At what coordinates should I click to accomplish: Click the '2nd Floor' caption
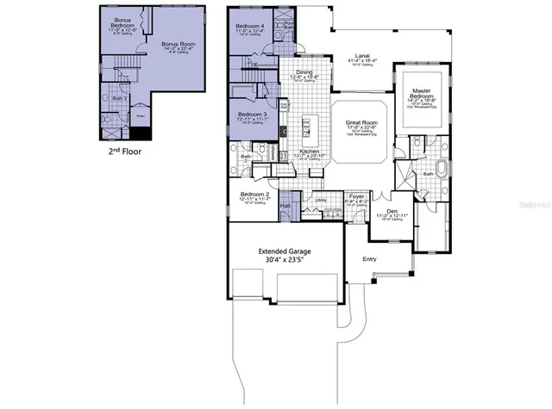coord(125,151)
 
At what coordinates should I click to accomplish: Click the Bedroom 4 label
coord(250,27)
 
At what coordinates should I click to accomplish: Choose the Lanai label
coord(363,58)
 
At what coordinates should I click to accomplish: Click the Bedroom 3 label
coord(252,114)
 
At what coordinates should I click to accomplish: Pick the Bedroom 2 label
coord(254,195)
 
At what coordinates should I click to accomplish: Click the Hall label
coord(285,205)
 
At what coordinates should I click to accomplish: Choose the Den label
coord(392,211)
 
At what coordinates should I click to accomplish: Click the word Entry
coord(369,258)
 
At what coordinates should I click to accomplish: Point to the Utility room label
coord(320,200)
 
